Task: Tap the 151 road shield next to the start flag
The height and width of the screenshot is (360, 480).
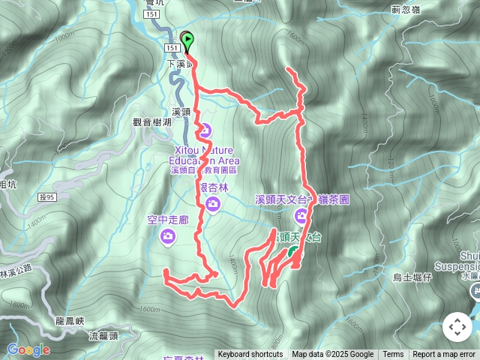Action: click(x=172, y=48)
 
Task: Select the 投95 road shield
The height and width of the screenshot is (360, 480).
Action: click(x=46, y=197)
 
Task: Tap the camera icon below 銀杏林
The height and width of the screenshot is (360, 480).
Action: click(x=214, y=204)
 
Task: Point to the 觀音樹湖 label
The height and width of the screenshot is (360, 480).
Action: click(x=152, y=121)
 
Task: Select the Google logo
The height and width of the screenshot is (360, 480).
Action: click(x=28, y=349)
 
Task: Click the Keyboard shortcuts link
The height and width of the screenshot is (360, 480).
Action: click(x=250, y=355)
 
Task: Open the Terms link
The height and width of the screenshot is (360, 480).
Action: click(x=393, y=355)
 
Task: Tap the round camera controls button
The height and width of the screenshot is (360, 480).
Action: click(x=457, y=327)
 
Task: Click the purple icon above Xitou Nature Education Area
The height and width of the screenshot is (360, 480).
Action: click(x=203, y=130)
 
